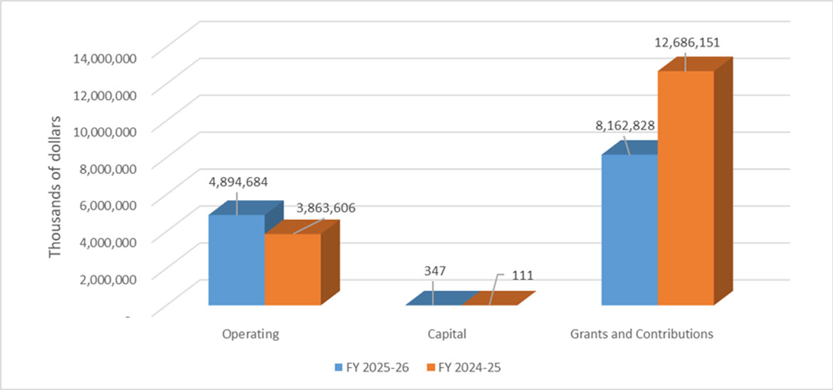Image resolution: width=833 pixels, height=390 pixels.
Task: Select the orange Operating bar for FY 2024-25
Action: click(292, 270)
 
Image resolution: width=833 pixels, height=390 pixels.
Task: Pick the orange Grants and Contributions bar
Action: click(686, 188)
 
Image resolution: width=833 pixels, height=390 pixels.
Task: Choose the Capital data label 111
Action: click(522, 275)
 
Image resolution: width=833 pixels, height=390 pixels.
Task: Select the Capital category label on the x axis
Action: click(447, 333)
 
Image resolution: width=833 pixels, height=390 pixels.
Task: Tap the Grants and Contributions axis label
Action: click(641, 333)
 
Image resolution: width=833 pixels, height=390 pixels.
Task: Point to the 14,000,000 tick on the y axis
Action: click(102, 58)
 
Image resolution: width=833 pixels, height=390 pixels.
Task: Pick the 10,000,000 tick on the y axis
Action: click(102, 132)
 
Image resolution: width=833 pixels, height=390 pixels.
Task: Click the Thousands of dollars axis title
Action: click(56, 184)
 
